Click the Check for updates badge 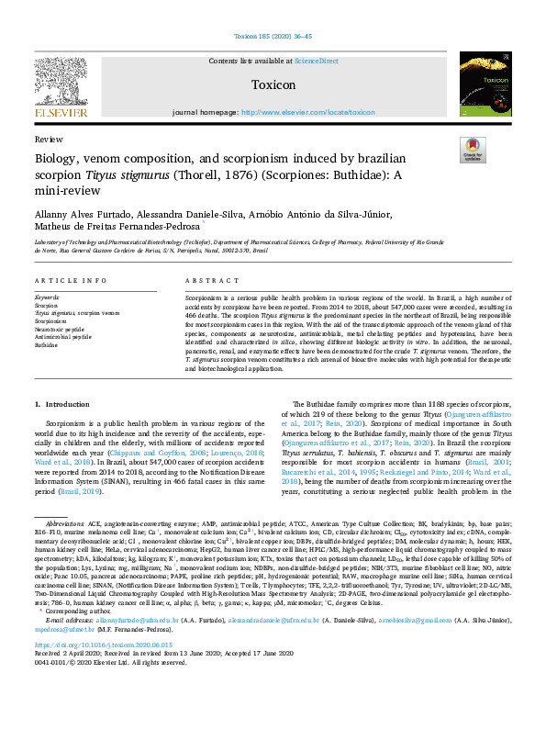473,150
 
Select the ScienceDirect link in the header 316,61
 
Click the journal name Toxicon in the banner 273,85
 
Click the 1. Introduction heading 63,404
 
